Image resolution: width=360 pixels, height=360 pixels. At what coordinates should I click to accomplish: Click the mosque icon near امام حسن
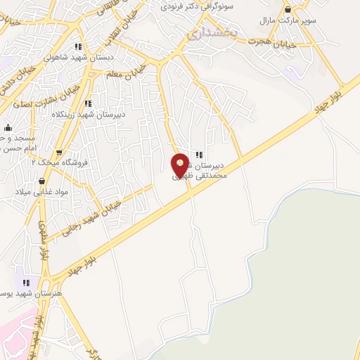coord(8,128)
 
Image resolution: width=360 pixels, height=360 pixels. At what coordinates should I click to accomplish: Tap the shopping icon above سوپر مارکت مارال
coord(288,9)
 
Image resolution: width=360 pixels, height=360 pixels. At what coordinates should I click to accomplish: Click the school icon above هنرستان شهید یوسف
coord(27,283)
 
